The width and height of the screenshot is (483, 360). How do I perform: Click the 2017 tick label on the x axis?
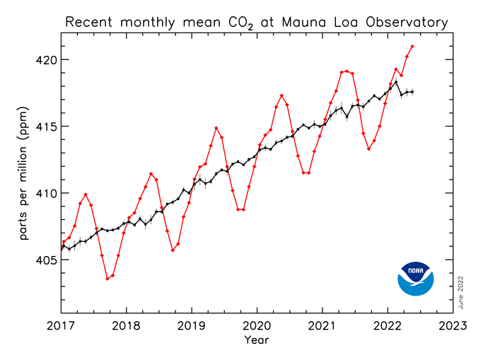61,327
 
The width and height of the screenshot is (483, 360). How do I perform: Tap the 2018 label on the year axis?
126,327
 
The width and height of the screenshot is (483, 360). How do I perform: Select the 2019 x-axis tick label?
191,327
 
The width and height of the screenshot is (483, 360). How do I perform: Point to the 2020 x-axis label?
256,327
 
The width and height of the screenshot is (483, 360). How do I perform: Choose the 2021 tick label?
322,327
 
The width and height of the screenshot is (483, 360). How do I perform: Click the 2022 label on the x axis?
388,327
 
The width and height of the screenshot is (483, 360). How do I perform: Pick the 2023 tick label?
453,327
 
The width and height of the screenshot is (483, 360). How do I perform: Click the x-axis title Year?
256,341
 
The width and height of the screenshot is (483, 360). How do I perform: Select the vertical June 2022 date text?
462,290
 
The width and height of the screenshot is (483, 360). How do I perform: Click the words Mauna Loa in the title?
326,23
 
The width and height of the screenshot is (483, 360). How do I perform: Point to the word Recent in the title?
89,23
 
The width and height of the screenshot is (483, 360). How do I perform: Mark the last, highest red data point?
412,47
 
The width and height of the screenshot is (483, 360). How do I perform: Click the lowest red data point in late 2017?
107,279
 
